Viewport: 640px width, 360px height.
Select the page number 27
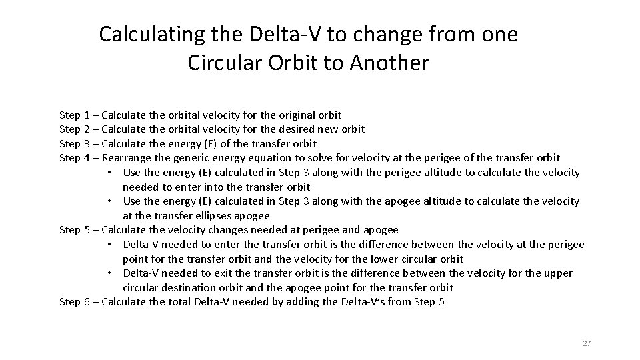pyautogui.click(x=587, y=343)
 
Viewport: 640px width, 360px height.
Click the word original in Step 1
pyautogui.click(x=295, y=115)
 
